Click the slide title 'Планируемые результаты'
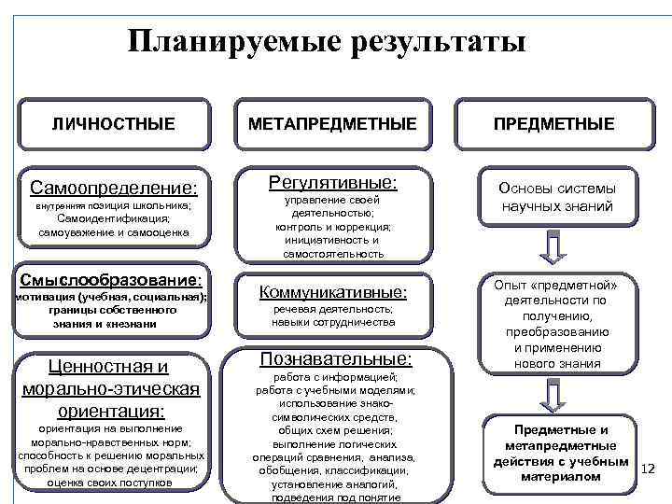tap(327, 42)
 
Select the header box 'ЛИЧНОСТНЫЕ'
tap(113, 123)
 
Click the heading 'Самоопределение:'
tap(114, 188)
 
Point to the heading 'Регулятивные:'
tap(333, 180)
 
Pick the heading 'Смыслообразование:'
tap(111, 279)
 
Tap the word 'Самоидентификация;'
tap(113, 218)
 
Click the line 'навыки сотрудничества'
tap(333, 322)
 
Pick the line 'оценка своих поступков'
tap(110, 483)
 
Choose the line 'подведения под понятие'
tap(333, 497)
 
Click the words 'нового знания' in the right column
tap(557, 363)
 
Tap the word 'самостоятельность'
tap(333, 253)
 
